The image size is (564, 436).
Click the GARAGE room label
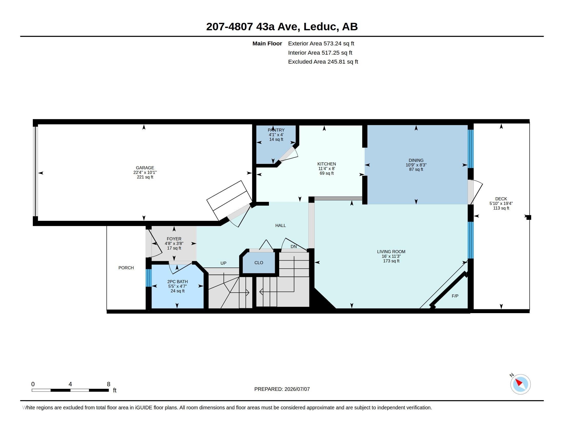145,168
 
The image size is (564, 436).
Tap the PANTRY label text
276,130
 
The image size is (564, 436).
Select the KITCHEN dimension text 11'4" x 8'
326,169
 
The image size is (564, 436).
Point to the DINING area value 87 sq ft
416,170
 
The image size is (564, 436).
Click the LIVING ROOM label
391,252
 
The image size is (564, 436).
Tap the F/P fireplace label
455,296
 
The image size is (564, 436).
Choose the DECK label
501,199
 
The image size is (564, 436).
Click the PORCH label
126,268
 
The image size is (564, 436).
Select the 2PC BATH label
177,282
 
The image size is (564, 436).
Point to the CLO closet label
258,263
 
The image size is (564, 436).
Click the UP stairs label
223,263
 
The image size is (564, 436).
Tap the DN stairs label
294,246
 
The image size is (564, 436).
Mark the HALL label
280,225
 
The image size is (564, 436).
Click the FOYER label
174,239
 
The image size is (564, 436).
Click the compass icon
520,384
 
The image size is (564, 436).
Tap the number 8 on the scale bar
108,384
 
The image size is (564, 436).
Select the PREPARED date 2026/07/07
297,389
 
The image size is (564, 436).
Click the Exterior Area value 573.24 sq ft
339,43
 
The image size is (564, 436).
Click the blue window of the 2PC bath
148,278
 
